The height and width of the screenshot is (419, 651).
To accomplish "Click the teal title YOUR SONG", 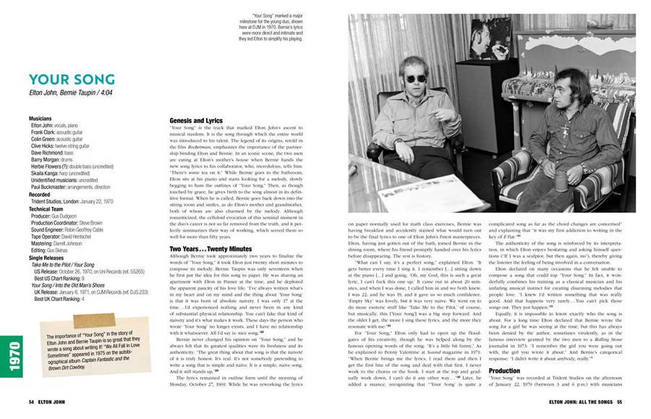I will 71,79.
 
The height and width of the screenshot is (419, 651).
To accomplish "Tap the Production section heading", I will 503,371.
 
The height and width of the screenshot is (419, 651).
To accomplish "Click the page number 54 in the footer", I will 32,404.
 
